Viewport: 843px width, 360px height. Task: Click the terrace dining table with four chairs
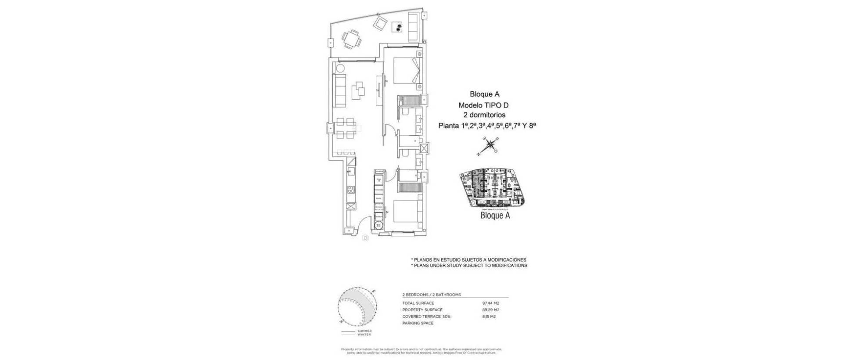352,39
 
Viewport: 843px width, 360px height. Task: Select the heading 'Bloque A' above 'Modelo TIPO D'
484,94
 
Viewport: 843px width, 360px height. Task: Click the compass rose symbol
488,146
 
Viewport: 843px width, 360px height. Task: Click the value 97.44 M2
490,303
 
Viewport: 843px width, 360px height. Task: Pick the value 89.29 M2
490,310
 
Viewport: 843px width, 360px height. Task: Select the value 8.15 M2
490,317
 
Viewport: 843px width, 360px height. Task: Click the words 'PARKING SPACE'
418,323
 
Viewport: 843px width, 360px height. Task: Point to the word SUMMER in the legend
364,331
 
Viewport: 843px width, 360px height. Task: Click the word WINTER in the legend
364,335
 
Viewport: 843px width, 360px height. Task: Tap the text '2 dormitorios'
484,115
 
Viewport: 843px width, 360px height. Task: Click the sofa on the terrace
413,26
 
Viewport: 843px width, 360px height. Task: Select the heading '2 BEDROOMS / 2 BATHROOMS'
432,295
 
